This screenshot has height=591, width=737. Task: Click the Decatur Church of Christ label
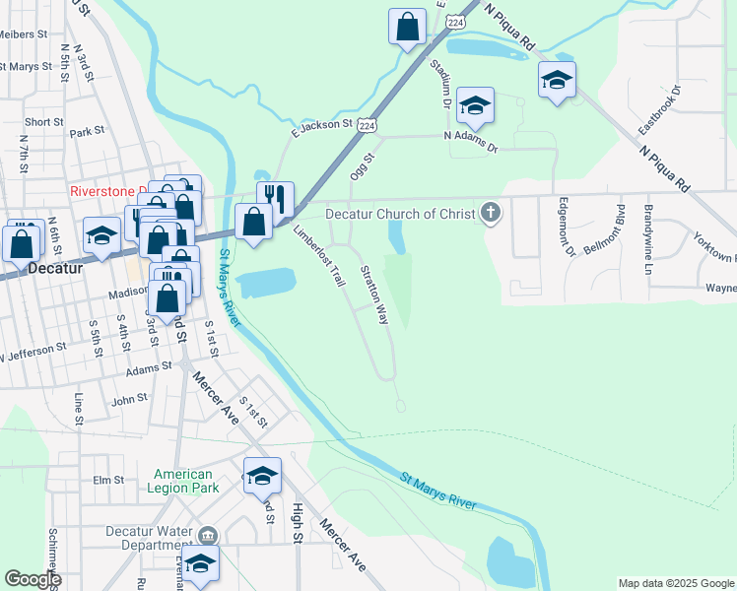[402, 214]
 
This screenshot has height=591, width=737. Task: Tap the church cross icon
[491, 212]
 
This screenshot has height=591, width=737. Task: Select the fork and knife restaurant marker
[276, 200]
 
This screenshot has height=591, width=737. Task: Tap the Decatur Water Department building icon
[207, 536]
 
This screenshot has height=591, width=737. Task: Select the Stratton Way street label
[373, 295]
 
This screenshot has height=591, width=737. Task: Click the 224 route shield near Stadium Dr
[454, 21]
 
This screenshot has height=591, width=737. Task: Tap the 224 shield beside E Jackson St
[366, 125]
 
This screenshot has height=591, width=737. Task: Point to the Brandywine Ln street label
[648, 239]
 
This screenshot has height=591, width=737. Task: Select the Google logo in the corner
[33, 579]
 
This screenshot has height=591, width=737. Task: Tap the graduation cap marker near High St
[263, 476]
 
